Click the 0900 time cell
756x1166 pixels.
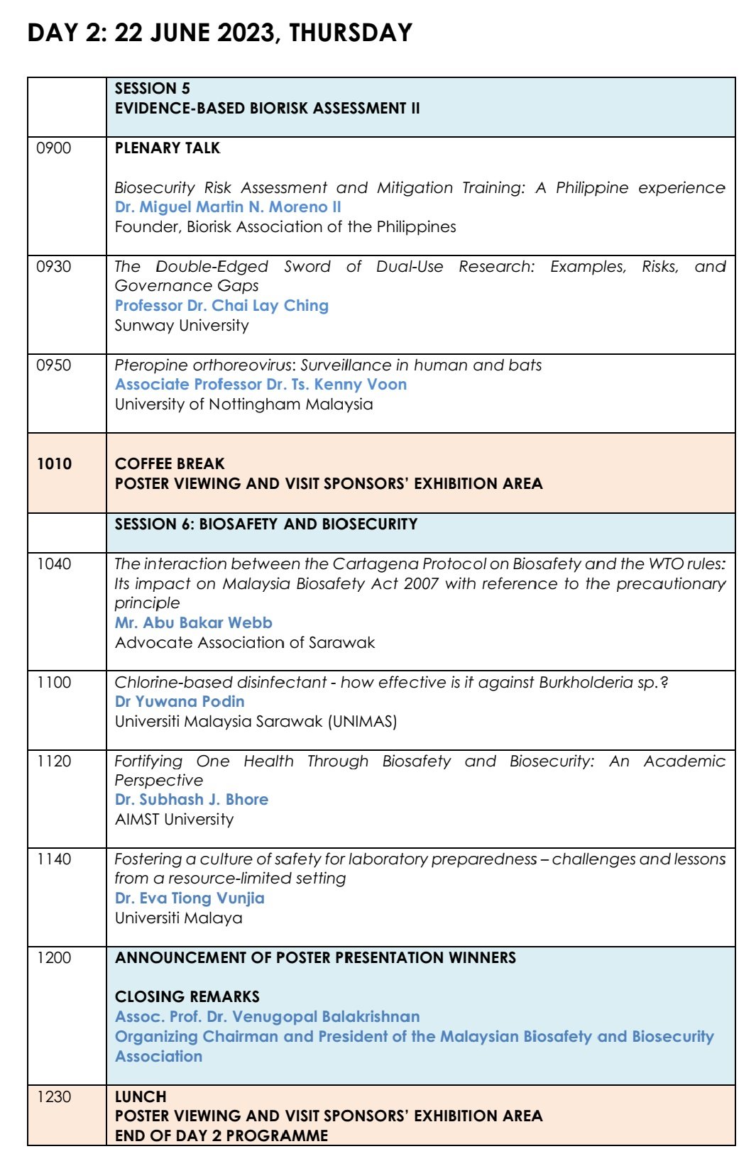tap(54, 148)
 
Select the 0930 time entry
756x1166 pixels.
tap(54, 267)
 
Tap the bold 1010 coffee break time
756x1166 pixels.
tap(55, 464)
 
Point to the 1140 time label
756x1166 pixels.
tap(55, 859)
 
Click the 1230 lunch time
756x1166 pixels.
tap(55, 1097)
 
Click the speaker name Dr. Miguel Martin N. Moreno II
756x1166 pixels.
tap(228, 207)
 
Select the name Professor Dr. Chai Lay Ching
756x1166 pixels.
tap(221, 306)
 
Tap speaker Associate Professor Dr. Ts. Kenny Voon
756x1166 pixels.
tap(261, 385)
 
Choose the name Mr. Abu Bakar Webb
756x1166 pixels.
tap(193, 623)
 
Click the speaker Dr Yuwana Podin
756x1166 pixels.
tap(180, 702)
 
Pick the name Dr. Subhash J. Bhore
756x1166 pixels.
tap(192, 800)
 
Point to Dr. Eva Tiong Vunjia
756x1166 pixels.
tap(190, 898)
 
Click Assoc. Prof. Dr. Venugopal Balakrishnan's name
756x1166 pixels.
tap(267, 1017)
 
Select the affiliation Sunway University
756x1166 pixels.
tap(182, 326)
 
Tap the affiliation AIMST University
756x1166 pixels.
tap(174, 820)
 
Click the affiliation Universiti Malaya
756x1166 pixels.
tap(178, 918)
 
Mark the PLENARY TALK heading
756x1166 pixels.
tap(168, 148)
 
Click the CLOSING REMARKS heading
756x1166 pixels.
tap(187, 997)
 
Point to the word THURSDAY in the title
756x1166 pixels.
tap(351, 33)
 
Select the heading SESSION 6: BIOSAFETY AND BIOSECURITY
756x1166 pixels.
tap(266, 524)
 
